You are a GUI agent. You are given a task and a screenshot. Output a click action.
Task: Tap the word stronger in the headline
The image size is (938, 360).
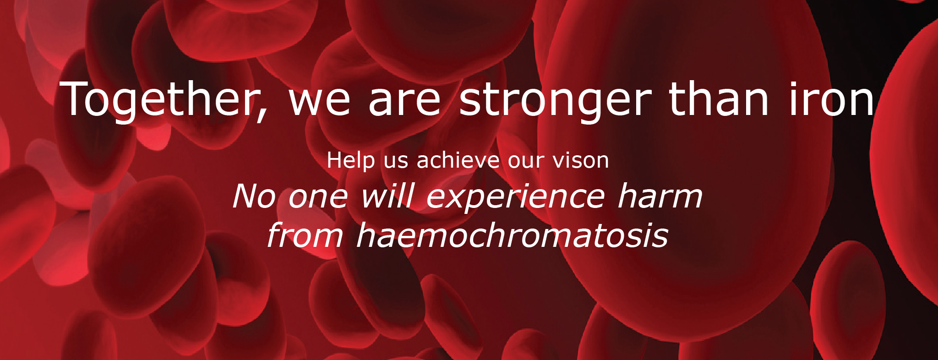tap(555, 100)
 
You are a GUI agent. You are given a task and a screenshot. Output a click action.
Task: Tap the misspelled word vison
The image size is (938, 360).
tap(581, 160)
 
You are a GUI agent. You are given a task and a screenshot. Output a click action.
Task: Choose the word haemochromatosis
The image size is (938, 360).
tap(512, 235)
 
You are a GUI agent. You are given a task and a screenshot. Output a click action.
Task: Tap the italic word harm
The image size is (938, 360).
tap(660, 196)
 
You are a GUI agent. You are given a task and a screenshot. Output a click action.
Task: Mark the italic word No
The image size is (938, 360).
tap(254, 196)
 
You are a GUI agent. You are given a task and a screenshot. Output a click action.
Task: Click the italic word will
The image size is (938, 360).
tap(388, 196)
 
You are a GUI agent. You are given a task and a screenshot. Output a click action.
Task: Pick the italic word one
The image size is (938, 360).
tap(318, 199)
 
